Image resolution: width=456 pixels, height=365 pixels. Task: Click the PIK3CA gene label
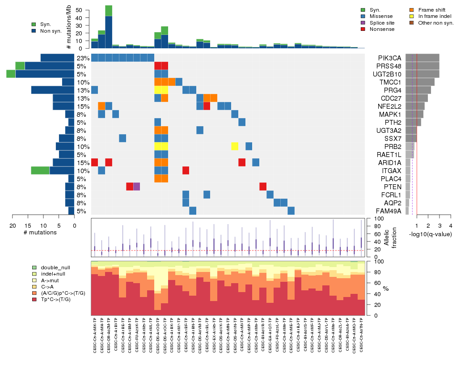coord(389,58)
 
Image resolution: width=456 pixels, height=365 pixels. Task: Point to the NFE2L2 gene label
coord(389,106)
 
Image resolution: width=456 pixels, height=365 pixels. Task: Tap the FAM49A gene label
coord(389,211)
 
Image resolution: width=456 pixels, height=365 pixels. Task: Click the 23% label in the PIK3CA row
coord(83,58)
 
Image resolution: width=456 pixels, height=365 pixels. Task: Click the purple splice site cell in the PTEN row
coord(137,187)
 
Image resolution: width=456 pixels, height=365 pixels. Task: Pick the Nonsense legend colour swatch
coord(363,29)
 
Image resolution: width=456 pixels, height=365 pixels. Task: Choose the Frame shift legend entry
coord(432,9)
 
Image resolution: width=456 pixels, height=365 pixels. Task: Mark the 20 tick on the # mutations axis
coord(13,225)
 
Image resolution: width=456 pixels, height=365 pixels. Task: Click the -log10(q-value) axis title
coord(430,234)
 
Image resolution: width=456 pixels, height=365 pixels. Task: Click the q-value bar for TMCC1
coord(420,82)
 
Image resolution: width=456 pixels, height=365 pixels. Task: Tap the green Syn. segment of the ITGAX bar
coord(40,170)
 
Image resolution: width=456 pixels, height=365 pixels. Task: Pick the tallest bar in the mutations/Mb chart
coord(109,27)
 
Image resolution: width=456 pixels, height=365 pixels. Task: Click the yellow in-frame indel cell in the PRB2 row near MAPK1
coord(235,147)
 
